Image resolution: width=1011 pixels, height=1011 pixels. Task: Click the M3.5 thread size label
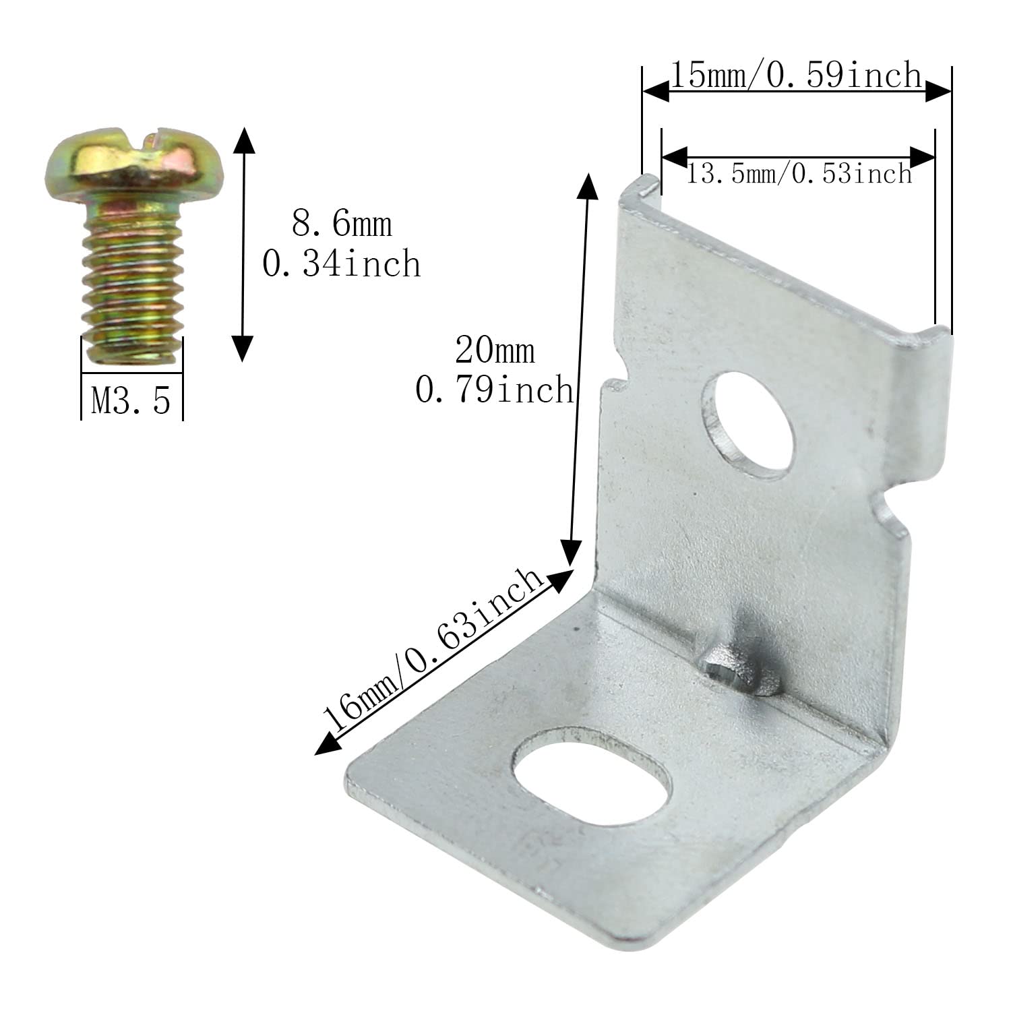[131, 400]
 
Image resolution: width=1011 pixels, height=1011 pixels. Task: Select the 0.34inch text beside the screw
[342, 264]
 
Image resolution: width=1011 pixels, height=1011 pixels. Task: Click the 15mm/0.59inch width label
[795, 75]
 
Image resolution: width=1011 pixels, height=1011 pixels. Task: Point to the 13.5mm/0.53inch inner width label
[799, 175]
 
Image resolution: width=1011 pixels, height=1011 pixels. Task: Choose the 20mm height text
[495, 350]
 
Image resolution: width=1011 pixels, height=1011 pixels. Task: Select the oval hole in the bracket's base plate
[593, 775]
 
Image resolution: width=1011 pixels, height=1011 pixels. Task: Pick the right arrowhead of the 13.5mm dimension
[923, 156]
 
